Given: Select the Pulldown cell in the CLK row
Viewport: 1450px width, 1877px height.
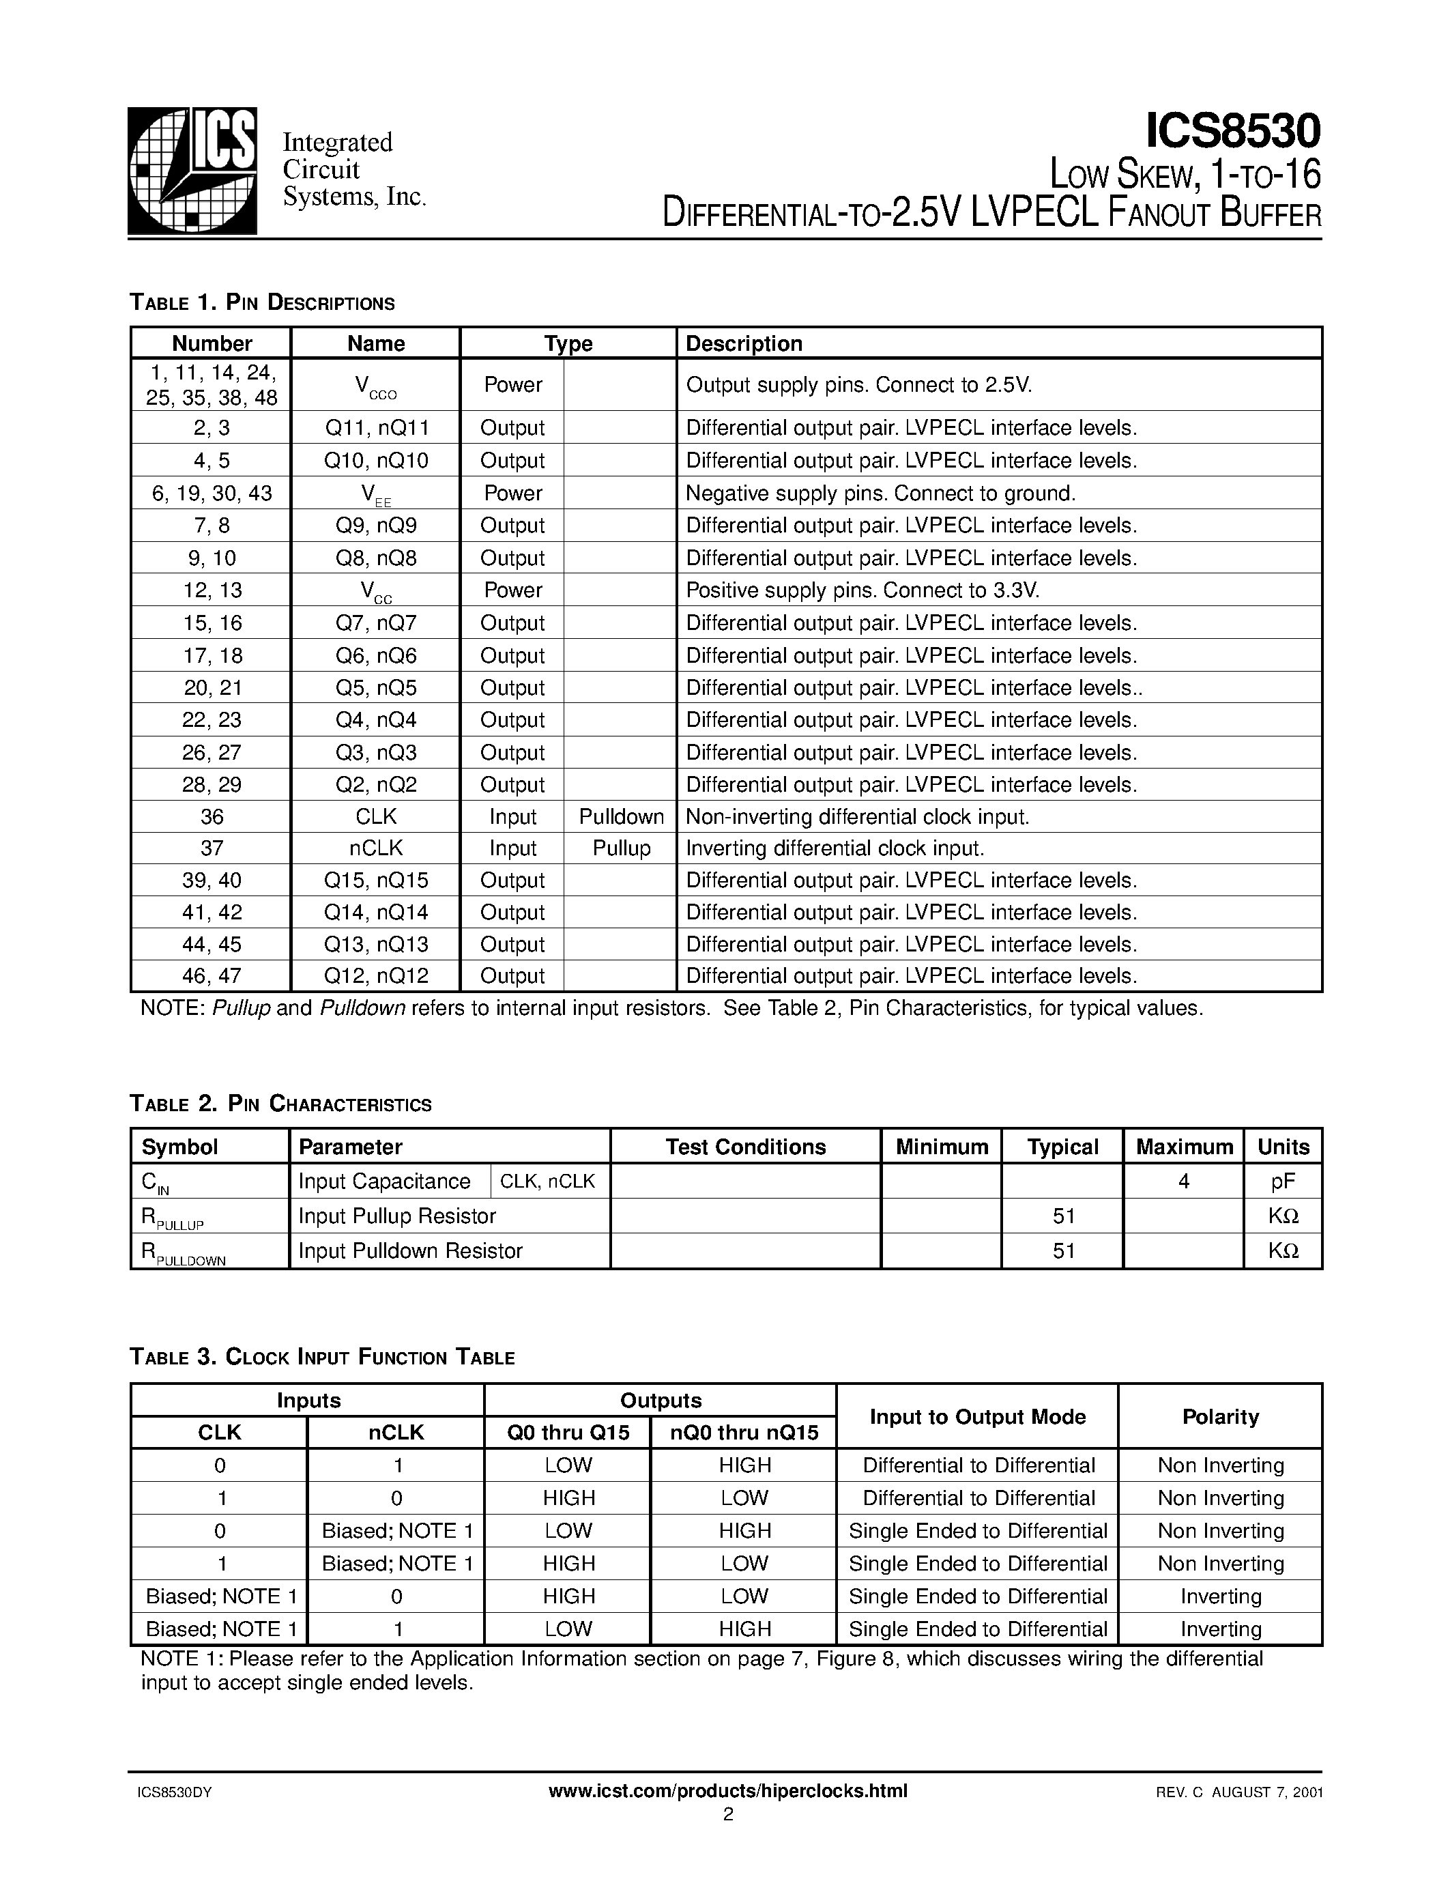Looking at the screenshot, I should pos(621,816).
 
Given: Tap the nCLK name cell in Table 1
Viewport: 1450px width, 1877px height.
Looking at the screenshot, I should pos(375,848).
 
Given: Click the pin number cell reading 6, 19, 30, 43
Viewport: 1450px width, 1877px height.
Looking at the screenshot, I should pos(212,493).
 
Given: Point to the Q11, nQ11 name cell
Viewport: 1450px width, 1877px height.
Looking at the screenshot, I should pos(375,428).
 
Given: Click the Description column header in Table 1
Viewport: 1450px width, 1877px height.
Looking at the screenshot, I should pos(744,344).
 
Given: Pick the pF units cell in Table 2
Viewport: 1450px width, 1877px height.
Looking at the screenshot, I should pos(1283,1181).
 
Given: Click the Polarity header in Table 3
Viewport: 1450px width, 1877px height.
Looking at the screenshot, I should pos(1220,1416).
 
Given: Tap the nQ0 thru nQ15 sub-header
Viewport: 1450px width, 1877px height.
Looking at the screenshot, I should pos(743,1433).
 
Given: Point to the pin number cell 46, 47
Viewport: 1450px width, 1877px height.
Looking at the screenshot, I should pos(212,975).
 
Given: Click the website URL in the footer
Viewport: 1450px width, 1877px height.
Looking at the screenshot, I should pos(727,1791).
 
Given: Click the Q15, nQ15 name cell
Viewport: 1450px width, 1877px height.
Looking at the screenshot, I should pos(375,880).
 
